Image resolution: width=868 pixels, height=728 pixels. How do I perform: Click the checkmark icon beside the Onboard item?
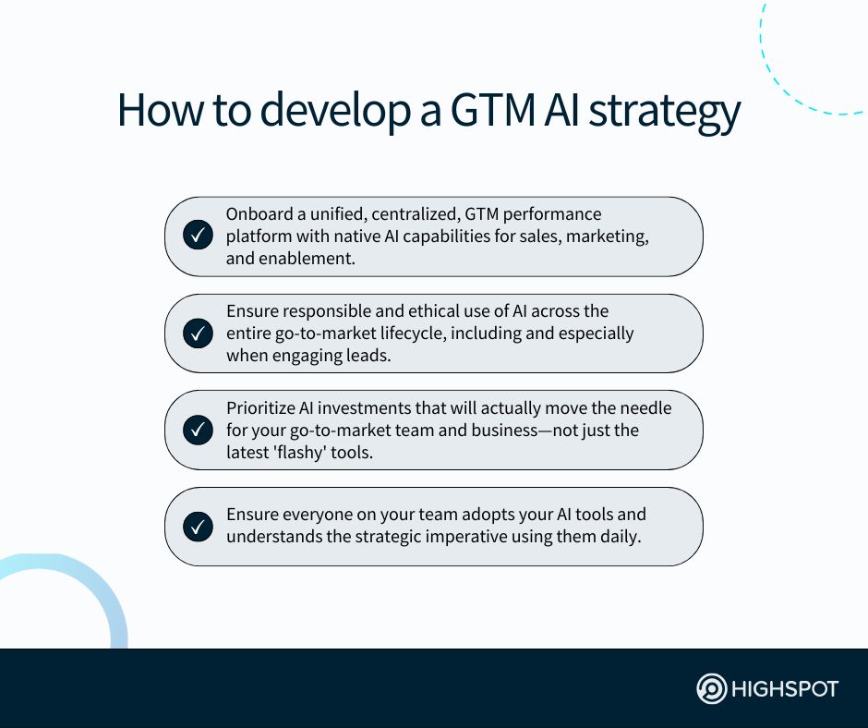[198, 236]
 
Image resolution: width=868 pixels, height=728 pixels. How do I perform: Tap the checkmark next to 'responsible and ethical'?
[198, 333]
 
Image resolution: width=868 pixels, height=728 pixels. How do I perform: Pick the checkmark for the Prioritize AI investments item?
[198, 430]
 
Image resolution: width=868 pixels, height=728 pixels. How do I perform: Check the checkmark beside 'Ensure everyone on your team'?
[198, 527]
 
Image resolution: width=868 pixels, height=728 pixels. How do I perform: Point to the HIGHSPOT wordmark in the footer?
[785, 689]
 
